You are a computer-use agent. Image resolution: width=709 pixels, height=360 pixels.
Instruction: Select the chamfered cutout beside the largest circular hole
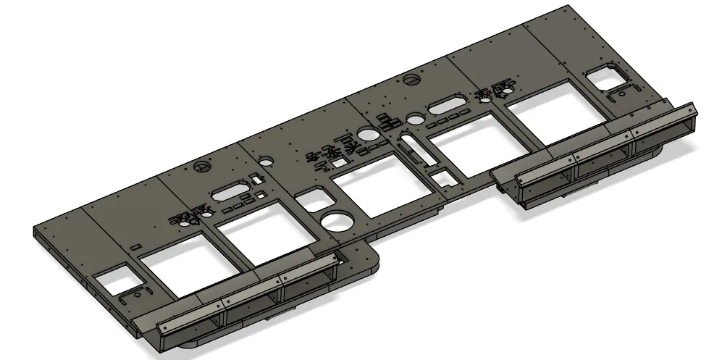pos(314,198)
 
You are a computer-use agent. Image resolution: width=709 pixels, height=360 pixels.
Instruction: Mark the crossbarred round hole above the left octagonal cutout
pos(202,166)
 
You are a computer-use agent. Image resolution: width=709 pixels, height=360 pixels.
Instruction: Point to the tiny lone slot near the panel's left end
pos(136,248)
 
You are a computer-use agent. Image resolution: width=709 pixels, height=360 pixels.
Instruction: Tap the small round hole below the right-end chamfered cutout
pos(621,93)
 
